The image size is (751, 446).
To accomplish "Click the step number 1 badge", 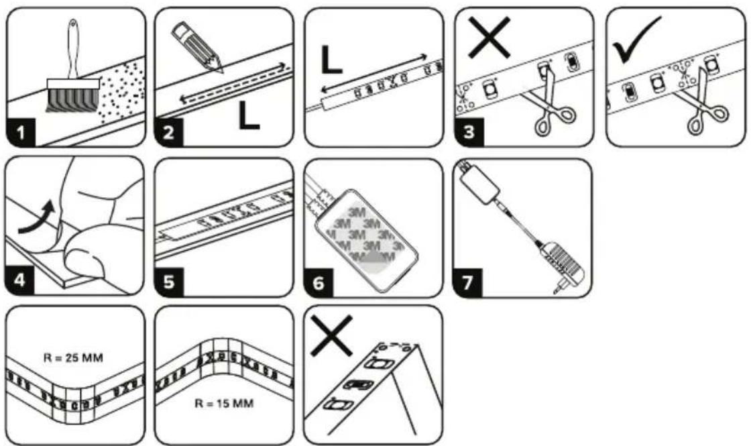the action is tap(21, 132).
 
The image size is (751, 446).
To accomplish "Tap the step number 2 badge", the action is tap(168, 132).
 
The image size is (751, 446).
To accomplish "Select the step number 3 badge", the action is tap(469, 132).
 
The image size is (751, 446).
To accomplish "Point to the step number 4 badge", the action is tap(19, 281).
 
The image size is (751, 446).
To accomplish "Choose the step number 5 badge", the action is tap(169, 282).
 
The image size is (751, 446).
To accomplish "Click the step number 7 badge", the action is tap(467, 282).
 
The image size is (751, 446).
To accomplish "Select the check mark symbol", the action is tap(636, 40).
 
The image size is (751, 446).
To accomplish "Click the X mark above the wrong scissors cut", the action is tap(489, 38).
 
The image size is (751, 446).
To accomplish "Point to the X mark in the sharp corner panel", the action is tap(331, 335).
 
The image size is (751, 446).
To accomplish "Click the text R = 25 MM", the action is tap(73, 358).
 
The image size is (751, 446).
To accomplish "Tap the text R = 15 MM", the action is tap(224, 403).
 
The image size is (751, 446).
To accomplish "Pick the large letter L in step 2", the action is tap(249, 115).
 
